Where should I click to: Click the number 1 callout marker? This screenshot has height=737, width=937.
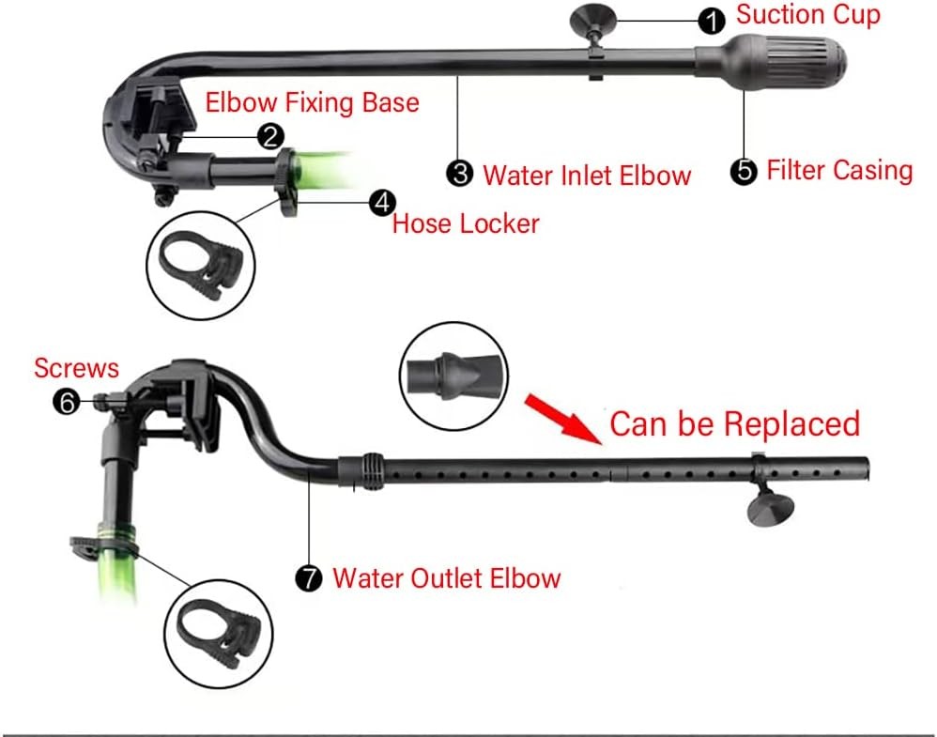coord(714,19)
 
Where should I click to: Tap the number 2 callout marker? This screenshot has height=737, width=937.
coord(271,137)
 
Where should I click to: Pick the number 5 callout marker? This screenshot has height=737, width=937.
coord(745,171)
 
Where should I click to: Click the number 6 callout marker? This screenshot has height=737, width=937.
coord(66,402)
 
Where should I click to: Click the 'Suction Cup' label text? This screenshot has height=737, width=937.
coord(807,16)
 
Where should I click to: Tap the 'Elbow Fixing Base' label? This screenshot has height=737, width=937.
coord(312,101)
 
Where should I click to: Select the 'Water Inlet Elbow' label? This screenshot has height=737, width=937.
coord(587,175)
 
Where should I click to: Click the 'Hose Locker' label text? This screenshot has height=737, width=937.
coord(466,223)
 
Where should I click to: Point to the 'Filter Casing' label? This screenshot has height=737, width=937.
coord(839,170)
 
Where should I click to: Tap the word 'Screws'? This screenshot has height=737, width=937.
coord(77,367)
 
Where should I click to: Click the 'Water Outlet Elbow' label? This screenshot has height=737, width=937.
coord(447,577)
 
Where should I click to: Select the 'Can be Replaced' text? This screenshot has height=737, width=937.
coord(735,423)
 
